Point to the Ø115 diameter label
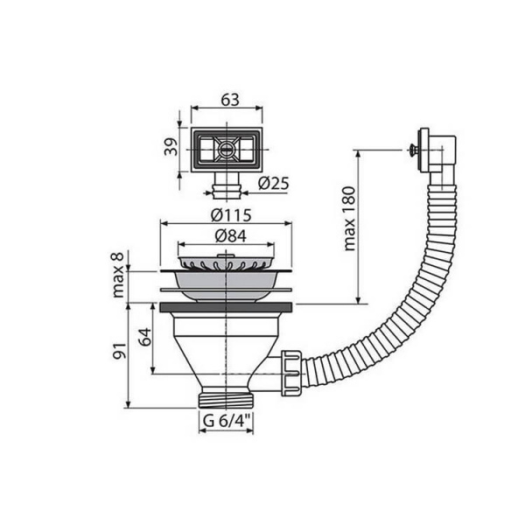(x=227, y=215)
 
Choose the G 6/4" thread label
(x=227, y=421)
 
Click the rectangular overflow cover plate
(x=227, y=150)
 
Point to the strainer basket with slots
(x=227, y=263)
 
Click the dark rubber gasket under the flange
(x=227, y=307)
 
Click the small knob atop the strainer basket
(x=227, y=255)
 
